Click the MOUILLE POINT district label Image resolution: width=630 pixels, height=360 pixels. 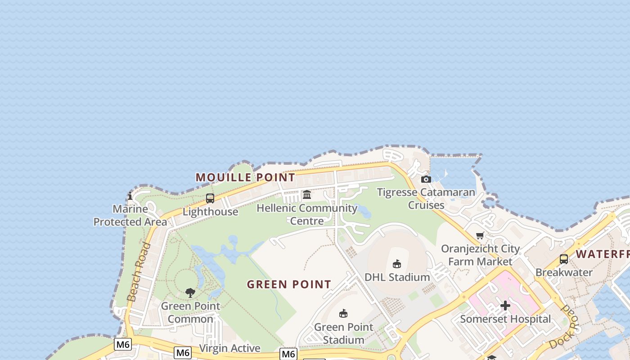pyautogui.click(x=245, y=177)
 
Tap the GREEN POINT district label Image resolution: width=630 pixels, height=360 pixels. pyautogui.click(x=289, y=284)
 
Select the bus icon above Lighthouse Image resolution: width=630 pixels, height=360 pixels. pyautogui.click(x=210, y=198)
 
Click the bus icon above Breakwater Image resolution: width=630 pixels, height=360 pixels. pyautogui.click(x=563, y=259)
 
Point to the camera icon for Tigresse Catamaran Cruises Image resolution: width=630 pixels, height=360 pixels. pyautogui.click(x=426, y=179)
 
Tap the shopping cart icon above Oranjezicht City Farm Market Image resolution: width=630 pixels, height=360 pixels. pyautogui.click(x=480, y=235)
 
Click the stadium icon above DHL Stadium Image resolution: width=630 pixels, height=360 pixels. pyautogui.click(x=396, y=264)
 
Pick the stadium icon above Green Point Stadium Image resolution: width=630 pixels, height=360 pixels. pyautogui.click(x=343, y=313)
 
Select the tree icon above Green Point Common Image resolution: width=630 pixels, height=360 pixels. pyautogui.click(x=190, y=293)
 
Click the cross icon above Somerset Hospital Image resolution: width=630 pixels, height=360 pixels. pyautogui.click(x=505, y=306)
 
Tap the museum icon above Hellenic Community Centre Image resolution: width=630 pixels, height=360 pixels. pyautogui.click(x=307, y=194)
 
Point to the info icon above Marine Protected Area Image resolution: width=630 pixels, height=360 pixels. pyautogui.click(x=130, y=196)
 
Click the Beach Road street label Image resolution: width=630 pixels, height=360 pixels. pyautogui.click(x=139, y=271)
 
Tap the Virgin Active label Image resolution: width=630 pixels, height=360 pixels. pyautogui.click(x=229, y=348)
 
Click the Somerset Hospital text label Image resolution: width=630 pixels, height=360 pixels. pyautogui.click(x=505, y=319)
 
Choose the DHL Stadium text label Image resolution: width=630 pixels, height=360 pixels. pyautogui.click(x=397, y=277)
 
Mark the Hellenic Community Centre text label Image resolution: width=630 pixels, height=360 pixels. pyautogui.click(x=307, y=214)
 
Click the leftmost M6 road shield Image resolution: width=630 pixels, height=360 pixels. pyautogui.click(x=123, y=345)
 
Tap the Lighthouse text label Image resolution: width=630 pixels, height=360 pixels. pyautogui.click(x=210, y=211)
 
